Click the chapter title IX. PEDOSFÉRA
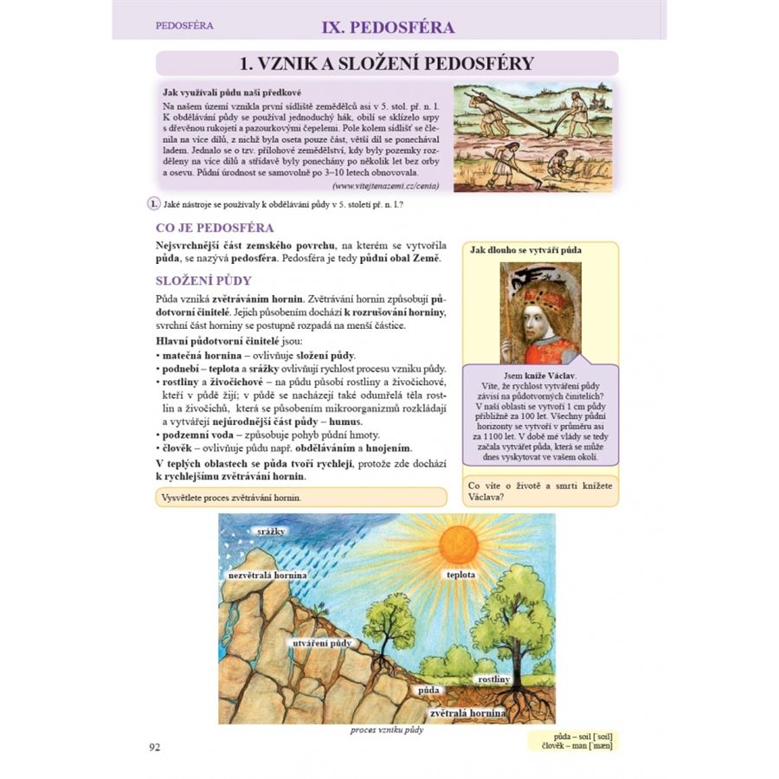point(388,27)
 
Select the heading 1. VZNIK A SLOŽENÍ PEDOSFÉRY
point(386,62)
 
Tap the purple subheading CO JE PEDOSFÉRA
point(214,228)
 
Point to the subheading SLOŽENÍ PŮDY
point(203,280)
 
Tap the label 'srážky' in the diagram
point(265,531)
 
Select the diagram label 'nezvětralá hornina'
point(267,574)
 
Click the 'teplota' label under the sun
point(460,574)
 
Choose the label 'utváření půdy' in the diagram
point(321,643)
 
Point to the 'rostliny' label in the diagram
point(493,679)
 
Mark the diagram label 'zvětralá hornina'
point(467,712)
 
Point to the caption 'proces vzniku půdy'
point(387,730)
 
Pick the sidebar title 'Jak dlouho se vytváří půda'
point(525,250)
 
